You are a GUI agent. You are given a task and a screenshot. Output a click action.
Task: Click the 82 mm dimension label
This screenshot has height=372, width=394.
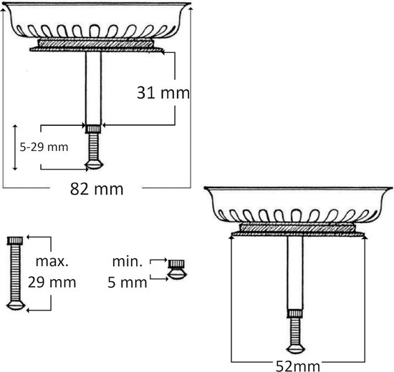point(97,189)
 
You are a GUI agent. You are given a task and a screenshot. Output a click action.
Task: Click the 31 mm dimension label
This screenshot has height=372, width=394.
point(163,92)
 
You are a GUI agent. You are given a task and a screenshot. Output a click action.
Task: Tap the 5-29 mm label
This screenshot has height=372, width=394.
point(44,147)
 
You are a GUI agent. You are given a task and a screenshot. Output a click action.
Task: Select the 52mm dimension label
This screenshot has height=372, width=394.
point(298,366)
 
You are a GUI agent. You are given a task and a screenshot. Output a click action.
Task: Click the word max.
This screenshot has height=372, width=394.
point(52,261)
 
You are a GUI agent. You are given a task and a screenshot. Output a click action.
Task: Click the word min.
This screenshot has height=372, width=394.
point(128,261)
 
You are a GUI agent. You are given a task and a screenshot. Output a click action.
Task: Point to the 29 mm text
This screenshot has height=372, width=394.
point(52,282)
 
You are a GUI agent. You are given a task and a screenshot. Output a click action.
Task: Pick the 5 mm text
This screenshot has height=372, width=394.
point(128,282)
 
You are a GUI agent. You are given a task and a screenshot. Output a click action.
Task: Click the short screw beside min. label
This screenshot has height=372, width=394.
point(177,270)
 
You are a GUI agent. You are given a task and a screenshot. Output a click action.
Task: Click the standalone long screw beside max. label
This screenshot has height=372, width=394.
point(15,273)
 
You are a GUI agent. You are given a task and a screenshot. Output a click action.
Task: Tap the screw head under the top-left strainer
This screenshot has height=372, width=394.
point(95,165)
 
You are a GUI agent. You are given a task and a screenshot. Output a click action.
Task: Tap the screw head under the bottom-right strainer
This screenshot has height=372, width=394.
point(296,349)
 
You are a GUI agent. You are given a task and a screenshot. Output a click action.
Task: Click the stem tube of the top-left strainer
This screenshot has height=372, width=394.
point(93,88)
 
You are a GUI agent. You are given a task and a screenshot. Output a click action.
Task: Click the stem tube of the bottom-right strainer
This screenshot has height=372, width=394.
point(295,273)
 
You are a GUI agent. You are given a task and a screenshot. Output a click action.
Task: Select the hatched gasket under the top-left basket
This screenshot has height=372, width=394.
point(96,44)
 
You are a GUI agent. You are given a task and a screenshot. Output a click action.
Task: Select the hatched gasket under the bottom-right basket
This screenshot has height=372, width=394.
point(297,228)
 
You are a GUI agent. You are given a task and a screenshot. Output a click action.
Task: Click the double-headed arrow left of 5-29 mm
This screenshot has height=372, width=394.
point(15,147)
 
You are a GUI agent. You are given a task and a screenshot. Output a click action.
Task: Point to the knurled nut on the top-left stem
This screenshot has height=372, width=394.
point(93,129)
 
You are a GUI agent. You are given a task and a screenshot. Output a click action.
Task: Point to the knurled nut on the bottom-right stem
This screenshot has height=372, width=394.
point(295,314)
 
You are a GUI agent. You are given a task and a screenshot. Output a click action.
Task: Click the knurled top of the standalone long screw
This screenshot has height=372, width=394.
point(15,240)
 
